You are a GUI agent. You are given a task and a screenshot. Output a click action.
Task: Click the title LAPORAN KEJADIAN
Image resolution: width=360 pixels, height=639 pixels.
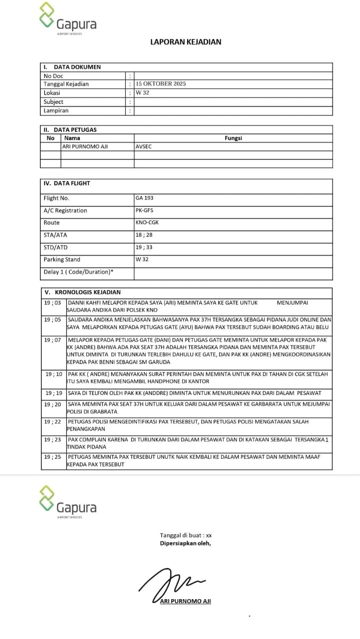[186, 42]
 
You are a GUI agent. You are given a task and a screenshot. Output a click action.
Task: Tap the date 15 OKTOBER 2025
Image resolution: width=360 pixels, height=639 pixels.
[161, 84]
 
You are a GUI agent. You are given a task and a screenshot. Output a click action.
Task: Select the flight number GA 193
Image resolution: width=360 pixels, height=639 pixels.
[144, 198]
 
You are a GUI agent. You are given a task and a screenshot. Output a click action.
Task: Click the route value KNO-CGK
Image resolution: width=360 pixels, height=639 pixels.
[147, 223]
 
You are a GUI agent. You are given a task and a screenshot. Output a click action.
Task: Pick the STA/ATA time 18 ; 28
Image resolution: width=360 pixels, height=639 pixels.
[144, 235]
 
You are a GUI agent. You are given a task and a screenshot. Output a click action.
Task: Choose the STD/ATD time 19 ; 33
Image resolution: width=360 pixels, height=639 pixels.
[144, 247]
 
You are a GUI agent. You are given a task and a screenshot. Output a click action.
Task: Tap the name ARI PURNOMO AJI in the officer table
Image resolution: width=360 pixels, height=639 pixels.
[85, 147]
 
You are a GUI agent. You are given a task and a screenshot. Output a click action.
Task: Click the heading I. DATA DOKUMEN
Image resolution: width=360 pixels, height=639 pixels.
[72, 67]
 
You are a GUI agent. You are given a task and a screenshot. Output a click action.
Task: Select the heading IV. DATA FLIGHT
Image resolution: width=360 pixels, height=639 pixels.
[67, 183]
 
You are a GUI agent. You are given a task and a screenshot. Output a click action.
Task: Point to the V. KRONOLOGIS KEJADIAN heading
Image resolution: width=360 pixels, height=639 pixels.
[82, 292]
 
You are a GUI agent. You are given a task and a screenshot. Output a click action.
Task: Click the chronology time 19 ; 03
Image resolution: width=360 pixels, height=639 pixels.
[52, 303]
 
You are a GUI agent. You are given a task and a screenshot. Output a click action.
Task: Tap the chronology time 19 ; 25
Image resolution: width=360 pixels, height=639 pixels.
[52, 457]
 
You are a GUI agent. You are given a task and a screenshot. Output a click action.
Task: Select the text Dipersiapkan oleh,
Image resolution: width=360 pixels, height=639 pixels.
[185, 543]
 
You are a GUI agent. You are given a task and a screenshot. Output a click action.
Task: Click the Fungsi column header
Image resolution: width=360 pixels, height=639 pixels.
[233, 138]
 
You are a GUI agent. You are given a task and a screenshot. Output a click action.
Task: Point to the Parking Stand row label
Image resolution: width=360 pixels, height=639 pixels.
[62, 260]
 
